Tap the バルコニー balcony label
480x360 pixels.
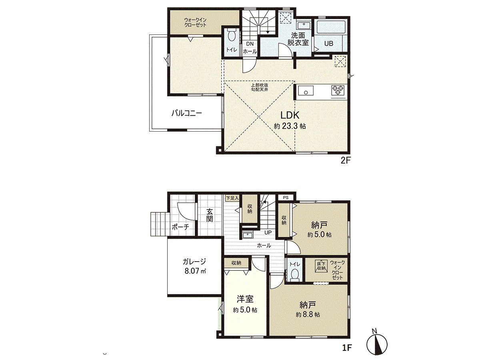(186, 113)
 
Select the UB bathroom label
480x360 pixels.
(329, 44)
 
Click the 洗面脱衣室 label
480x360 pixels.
(298, 39)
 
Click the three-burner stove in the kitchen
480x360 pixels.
(338, 90)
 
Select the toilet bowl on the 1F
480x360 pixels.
(295, 274)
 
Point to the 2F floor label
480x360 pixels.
(346, 161)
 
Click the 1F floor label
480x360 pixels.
(346, 348)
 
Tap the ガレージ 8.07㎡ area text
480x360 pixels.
(195, 266)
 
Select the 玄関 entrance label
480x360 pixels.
(210, 216)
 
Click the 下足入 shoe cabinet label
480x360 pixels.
(232, 198)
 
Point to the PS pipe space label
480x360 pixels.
(286, 198)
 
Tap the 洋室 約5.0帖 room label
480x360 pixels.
(245, 304)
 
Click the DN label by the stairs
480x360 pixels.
(250, 44)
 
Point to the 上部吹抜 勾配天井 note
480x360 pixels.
(259, 88)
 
